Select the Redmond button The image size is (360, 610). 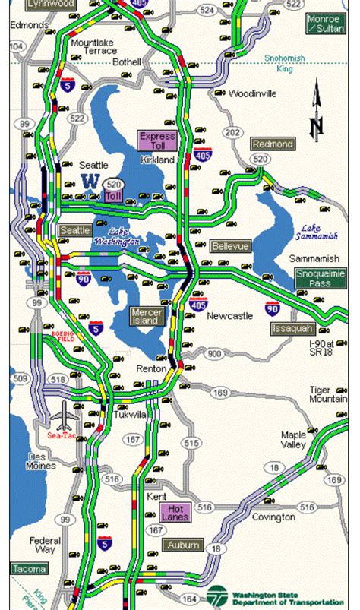point(273,144)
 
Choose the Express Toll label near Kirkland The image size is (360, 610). point(157,141)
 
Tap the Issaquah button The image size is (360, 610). point(292,329)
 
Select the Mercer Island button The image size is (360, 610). point(146,316)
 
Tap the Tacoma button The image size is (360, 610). point(29,568)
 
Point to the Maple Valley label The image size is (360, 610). point(293,439)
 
